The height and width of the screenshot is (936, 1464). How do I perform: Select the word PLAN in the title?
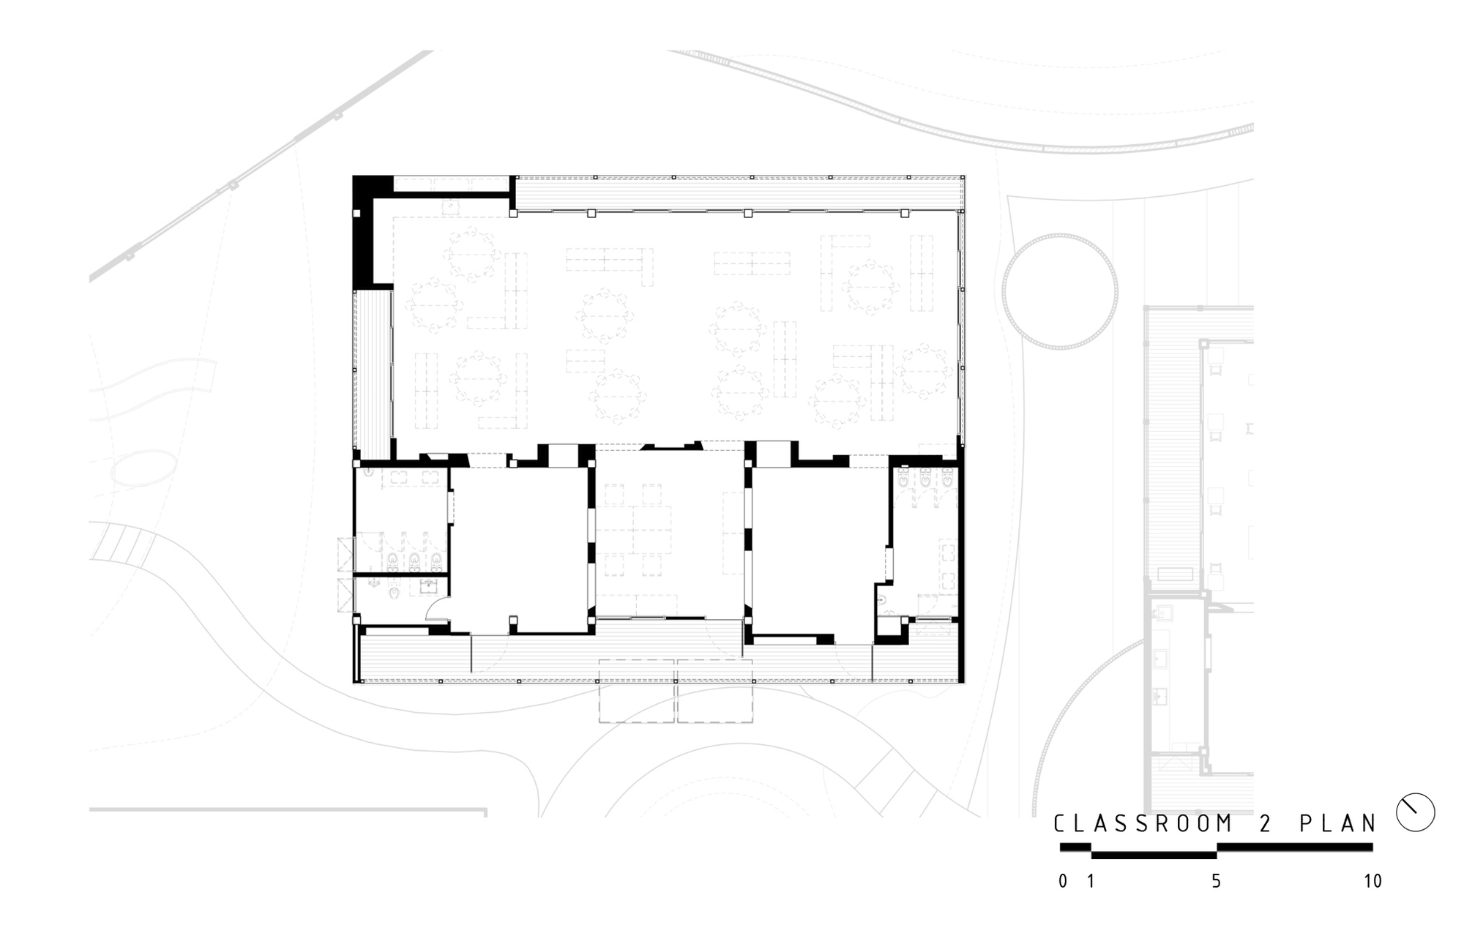(x=1338, y=824)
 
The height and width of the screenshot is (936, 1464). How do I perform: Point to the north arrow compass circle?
(x=1415, y=812)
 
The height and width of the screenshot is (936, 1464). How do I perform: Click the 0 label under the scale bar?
(x=1063, y=881)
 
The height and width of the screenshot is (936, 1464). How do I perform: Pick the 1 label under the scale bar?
(x=1091, y=881)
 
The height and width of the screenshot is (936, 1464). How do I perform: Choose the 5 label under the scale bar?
(x=1216, y=881)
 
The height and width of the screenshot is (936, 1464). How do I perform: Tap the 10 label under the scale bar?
(x=1372, y=881)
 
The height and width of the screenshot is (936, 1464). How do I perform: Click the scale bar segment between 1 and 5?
(x=1154, y=854)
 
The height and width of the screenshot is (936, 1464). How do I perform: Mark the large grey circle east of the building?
(x=1060, y=291)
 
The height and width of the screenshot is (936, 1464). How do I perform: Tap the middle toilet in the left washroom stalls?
(x=415, y=561)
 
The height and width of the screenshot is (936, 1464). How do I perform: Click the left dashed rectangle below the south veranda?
(x=636, y=691)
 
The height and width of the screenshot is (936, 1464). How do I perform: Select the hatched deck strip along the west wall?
(x=373, y=372)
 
